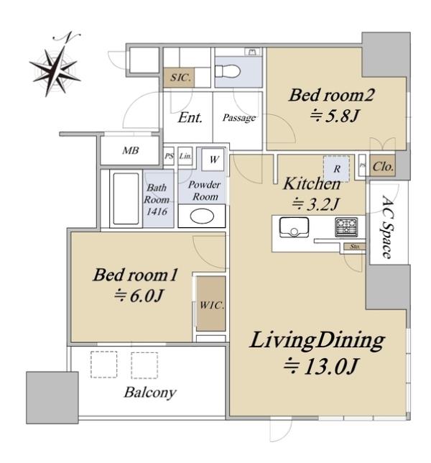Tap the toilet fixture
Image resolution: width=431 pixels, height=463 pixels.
[x=228, y=71]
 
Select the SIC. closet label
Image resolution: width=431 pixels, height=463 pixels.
[x=180, y=78]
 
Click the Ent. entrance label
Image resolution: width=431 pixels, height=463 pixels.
[x=190, y=117]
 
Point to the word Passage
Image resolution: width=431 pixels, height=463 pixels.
[x=239, y=118]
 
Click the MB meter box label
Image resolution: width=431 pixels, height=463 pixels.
[x=131, y=150]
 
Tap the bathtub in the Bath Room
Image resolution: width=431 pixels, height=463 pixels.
[x=126, y=198]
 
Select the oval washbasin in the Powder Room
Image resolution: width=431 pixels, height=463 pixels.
[x=202, y=216]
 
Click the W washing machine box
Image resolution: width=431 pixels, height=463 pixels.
[x=213, y=160]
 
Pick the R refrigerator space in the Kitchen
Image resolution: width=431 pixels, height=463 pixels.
[x=337, y=169]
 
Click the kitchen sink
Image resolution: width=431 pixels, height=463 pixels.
[x=294, y=227]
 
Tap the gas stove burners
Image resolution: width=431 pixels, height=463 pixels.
[x=346, y=226]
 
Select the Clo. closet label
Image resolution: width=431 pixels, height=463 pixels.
[x=383, y=167]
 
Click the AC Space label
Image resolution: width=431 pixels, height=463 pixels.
[x=387, y=226]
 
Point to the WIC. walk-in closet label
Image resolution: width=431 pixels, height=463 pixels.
[x=212, y=305]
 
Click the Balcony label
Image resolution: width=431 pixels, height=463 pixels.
[x=150, y=393]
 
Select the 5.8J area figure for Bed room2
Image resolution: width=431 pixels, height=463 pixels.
[x=335, y=116]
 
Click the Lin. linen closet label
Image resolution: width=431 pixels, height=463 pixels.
[x=185, y=155]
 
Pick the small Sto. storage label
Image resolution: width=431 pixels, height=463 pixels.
[x=355, y=247]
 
